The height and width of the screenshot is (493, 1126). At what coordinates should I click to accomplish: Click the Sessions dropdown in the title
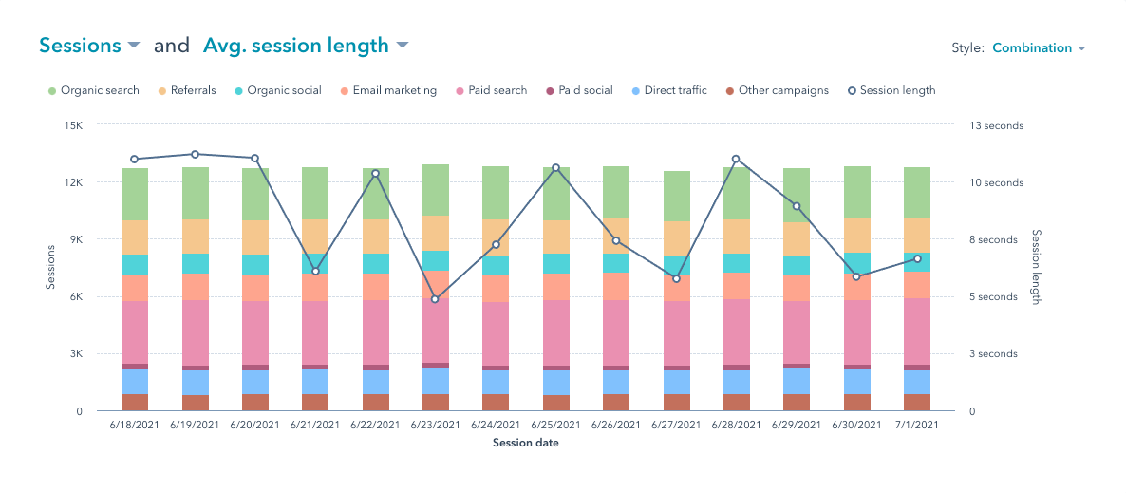(89, 46)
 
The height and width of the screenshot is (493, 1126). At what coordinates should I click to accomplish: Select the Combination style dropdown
(1038, 48)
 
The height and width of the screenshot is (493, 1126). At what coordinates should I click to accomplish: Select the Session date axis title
(525, 444)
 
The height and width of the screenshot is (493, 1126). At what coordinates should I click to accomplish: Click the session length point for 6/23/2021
(435, 299)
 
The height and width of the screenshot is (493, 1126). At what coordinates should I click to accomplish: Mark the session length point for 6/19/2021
(195, 154)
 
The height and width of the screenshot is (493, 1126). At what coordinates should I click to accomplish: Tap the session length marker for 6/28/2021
(736, 159)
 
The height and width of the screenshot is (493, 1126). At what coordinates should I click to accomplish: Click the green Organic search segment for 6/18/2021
(135, 194)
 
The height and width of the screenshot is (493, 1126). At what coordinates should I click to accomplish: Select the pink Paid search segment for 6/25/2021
(555, 332)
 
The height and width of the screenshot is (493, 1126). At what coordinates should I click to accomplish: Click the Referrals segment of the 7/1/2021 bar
(917, 236)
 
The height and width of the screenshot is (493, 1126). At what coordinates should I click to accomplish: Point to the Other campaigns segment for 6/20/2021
(255, 402)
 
